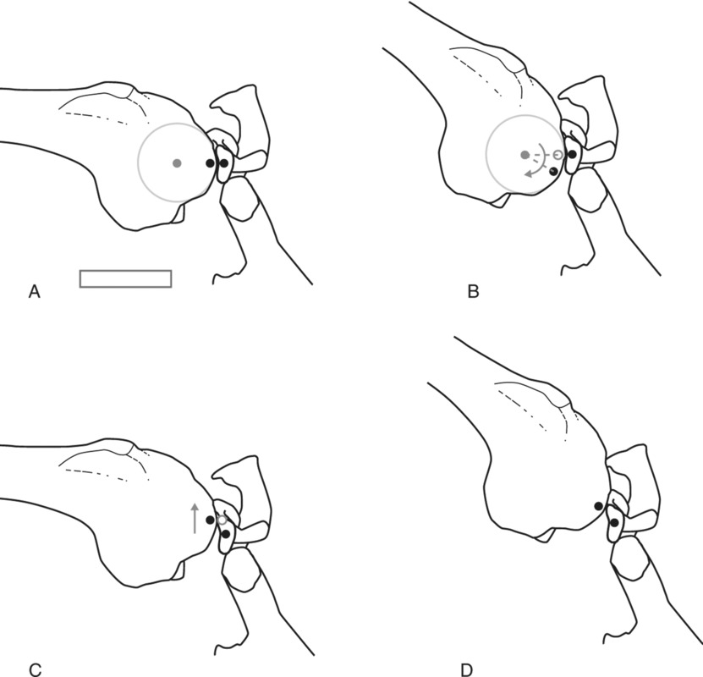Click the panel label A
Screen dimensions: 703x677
click(x=35, y=293)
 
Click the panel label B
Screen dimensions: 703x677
click(x=473, y=293)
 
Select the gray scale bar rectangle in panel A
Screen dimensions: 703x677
click(x=125, y=278)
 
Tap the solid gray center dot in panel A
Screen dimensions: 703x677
click(x=176, y=162)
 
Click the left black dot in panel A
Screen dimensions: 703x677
click(x=210, y=162)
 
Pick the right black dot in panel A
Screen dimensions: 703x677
click(x=223, y=163)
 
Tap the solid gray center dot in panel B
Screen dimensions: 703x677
click(x=525, y=155)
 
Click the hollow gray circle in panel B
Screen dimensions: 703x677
click(x=557, y=155)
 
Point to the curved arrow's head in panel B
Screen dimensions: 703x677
click(x=528, y=173)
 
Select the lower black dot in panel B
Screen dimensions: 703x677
click(x=553, y=172)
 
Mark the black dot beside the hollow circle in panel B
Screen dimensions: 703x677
click(x=572, y=155)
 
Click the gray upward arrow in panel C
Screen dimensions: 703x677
click(x=195, y=517)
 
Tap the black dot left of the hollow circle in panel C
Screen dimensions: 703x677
click(x=210, y=519)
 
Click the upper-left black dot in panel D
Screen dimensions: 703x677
click(x=598, y=506)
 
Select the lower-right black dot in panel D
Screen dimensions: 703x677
click(x=613, y=523)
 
